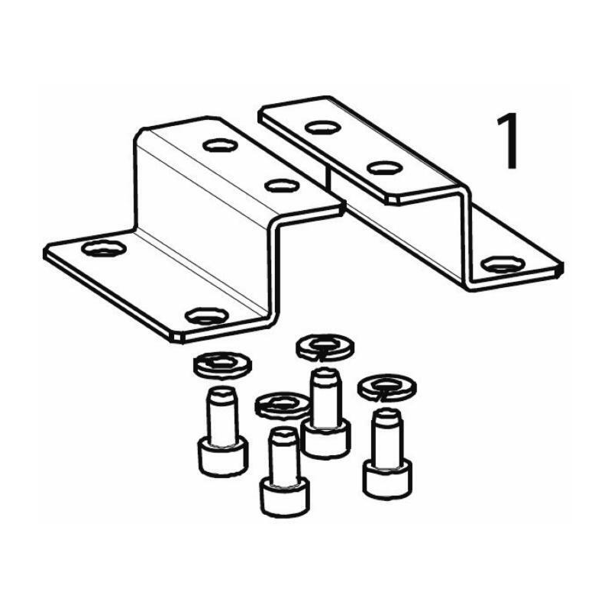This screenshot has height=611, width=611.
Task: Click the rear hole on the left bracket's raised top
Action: [x=220, y=145]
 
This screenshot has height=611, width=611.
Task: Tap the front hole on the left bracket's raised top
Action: [x=282, y=185]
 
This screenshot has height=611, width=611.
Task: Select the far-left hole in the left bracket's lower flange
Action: [x=104, y=249]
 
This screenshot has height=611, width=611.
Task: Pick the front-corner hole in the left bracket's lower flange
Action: [x=206, y=315]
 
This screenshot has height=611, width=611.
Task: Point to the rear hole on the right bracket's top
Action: [x=322, y=127]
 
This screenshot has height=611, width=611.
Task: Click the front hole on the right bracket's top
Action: [x=385, y=167]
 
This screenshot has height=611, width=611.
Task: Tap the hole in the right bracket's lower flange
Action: [x=503, y=264]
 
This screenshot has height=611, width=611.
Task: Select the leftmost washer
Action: [x=222, y=365]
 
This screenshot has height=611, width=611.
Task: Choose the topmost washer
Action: [x=325, y=346]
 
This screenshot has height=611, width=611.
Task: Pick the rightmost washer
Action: [x=387, y=388]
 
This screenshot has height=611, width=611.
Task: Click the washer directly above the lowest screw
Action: [x=283, y=406]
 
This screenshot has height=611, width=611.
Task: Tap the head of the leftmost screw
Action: [x=223, y=456]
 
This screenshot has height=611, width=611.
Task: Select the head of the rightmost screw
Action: [x=387, y=479]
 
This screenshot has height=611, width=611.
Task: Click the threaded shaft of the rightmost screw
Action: [x=387, y=436]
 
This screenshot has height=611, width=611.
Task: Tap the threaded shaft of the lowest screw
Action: [x=284, y=455]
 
